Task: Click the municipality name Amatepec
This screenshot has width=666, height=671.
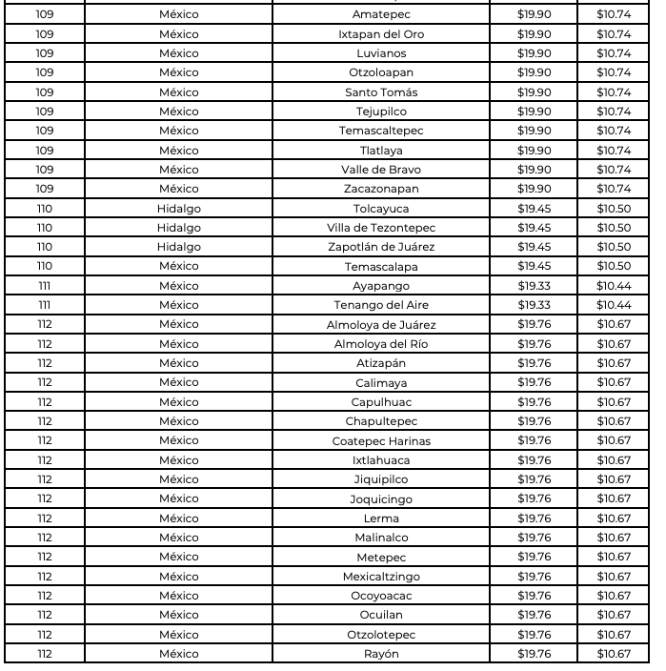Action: (x=381, y=14)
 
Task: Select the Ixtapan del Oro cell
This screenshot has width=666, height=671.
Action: (x=381, y=34)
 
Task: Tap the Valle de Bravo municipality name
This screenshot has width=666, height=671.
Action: (x=381, y=170)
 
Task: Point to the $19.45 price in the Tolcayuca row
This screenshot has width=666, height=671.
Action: (x=534, y=208)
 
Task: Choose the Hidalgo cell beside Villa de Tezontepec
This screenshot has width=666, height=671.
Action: (x=179, y=228)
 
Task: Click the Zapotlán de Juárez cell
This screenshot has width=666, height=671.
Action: (x=381, y=247)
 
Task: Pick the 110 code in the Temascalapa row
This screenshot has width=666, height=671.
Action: (x=45, y=266)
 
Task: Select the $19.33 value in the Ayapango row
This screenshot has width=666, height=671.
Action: (x=534, y=286)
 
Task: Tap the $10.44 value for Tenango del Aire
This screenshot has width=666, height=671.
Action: (x=614, y=305)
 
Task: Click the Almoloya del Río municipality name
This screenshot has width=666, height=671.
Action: (x=381, y=344)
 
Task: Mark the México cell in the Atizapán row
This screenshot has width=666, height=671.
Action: (x=179, y=363)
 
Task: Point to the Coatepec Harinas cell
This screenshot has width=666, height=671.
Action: (x=381, y=440)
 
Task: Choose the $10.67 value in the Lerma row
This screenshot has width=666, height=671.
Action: (x=614, y=518)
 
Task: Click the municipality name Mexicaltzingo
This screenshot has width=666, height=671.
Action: (x=381, y=577)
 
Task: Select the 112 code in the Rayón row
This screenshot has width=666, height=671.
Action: (x=45, y=654)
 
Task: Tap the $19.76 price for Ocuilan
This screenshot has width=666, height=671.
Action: (x=534, y=615)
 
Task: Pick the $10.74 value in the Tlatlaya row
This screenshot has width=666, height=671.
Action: (x=614, y=151)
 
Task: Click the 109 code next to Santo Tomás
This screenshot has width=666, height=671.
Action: (x=45, y=92)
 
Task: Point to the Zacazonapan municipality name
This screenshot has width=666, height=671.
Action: (x=381, y=189)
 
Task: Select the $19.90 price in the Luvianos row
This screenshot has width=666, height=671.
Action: (x=534, y=53)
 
